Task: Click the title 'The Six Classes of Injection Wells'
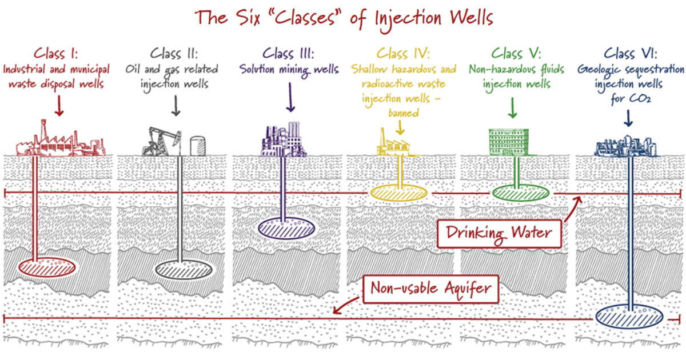click(x=343, y=17)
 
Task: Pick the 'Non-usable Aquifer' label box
click(x=430, y=288)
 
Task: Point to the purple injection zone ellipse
click(x=286, y=227)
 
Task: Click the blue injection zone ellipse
click(x=628, y=315)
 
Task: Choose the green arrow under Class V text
click(x=512, y=107)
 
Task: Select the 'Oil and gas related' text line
click(x=172, y=70)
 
